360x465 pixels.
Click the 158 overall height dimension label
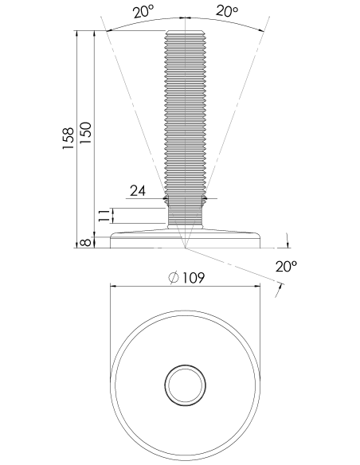[x=68, y=139]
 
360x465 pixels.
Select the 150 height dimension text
[x=86, y=133]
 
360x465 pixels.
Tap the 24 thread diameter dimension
[x=139, y=190]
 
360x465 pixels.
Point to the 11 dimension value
[x=104, y=216]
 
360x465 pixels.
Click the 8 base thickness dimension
[x=86, y=242]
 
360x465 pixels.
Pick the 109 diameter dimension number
[x=193, y=278]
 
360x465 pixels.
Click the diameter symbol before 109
[x=174, y=278]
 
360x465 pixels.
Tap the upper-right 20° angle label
[x=227, y=11]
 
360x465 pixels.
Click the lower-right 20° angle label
[x=286, y=266]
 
